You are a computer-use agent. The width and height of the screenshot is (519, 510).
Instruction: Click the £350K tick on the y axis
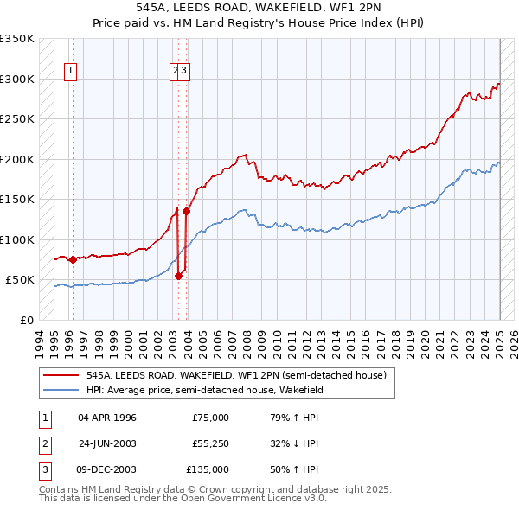tap(17, 39)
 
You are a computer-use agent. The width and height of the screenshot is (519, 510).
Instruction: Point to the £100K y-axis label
tap(17, 239)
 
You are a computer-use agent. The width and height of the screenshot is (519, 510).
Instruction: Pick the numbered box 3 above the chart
tap(185, 72)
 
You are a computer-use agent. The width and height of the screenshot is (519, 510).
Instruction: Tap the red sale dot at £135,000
tap(186, 211)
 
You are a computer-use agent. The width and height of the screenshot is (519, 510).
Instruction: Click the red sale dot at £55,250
tap(179, 276)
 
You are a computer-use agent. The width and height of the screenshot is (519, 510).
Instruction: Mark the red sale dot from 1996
tap(73, 259)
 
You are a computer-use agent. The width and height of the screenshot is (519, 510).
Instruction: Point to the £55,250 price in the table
tap(210, 443)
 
